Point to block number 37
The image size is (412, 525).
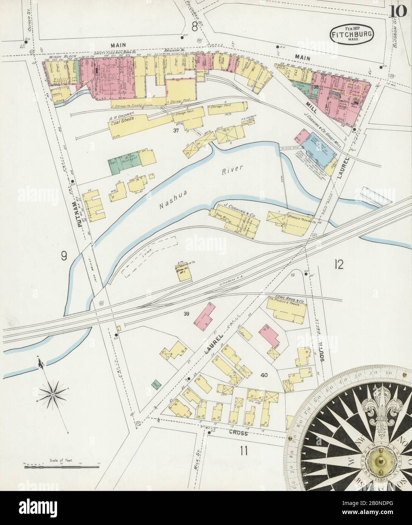click(x=175, y=131)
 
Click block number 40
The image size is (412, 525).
click(x=264, y=375)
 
